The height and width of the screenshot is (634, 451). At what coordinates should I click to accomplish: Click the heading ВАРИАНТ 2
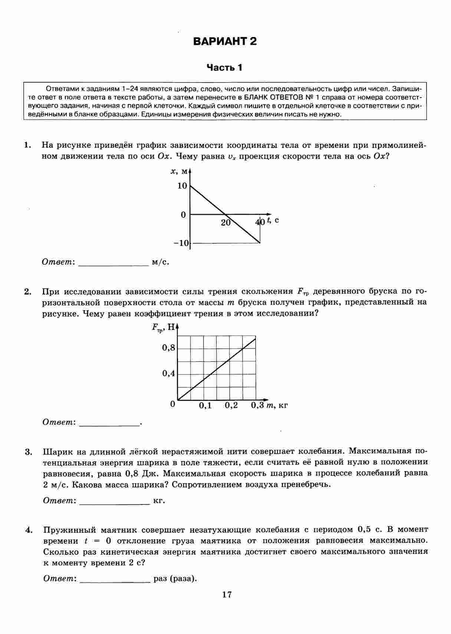(225, 41)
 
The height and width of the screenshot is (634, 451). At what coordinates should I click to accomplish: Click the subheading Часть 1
(224, 68)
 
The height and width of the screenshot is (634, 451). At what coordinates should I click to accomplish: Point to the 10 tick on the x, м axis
(182, 186)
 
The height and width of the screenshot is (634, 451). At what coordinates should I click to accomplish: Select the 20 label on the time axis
(225, 222)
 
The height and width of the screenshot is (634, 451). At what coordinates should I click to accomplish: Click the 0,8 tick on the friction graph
(168, 348)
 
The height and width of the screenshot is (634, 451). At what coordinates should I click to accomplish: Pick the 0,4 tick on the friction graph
(168, 374)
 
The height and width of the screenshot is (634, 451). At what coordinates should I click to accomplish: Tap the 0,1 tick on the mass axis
(205, 406)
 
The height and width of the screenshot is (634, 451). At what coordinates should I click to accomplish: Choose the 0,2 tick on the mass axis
(231, 406)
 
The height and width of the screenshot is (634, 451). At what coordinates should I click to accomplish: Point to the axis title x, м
(178, 171)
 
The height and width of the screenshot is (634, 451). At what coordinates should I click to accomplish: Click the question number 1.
(27, 145)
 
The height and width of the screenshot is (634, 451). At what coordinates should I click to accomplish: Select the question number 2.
(27, 292)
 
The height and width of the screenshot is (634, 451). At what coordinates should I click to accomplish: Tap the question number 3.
(28, 452)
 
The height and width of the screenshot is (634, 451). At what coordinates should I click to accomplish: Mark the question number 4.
(28, 530)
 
